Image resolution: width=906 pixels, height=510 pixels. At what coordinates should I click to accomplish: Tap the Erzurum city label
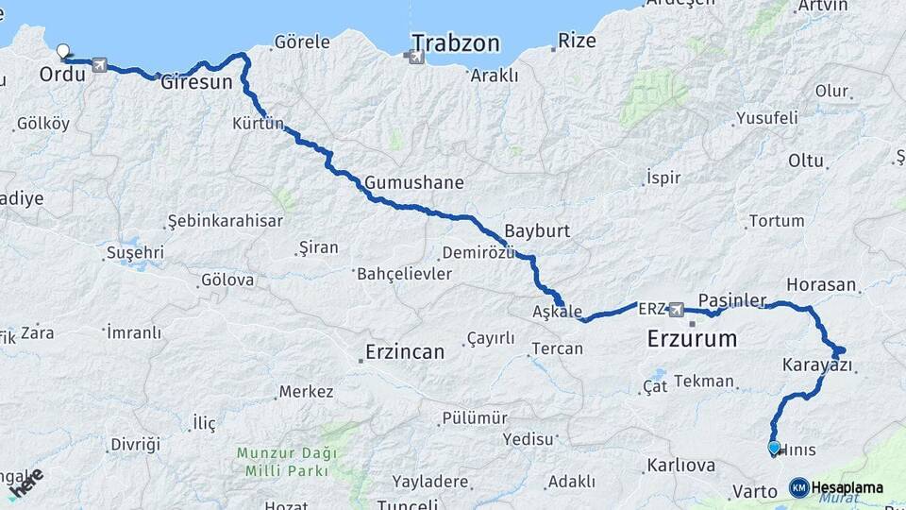pyautogui.click(x=692, y=338)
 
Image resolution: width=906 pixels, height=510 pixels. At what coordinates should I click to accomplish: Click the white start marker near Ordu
pyautogui.click(x=64, y=51)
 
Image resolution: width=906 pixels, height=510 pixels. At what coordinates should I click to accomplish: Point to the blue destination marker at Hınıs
pyautogui.click(x=774, y=448)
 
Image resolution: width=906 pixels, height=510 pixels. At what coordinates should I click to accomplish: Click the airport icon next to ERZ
pyautogui.click(x=676, y=309)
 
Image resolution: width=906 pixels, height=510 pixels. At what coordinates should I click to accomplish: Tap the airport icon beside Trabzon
pyautogui.click(x=414, y=58)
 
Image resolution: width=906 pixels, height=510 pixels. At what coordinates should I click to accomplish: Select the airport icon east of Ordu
pyautogui.click(x=99, y=65)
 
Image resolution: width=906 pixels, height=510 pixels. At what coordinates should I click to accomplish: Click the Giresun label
pyautogui.click(x=196, y=82)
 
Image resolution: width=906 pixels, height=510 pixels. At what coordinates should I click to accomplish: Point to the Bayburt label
pyautogui.click(x=537, y=230)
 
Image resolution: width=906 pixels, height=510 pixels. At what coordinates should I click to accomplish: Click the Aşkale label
pyautogui.click(x=557, y=312)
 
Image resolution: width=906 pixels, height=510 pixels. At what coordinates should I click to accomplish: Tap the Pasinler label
pyautogui.click(x=732, y=299)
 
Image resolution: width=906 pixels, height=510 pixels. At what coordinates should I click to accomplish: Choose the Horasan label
pyautogui.click(x=821, y=284)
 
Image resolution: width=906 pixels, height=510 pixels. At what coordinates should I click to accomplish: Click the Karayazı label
pyautogui.click(x=817, y=365)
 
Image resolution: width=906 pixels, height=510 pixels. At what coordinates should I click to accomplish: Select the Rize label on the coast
pyautogui.click(x=577, y=41)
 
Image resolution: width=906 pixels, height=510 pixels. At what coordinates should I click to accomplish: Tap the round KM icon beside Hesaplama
pyautogui.click(x=798, y=487)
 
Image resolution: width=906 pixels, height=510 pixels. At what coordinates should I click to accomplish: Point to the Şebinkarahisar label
pyautogui.click(x=225, y=221)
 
